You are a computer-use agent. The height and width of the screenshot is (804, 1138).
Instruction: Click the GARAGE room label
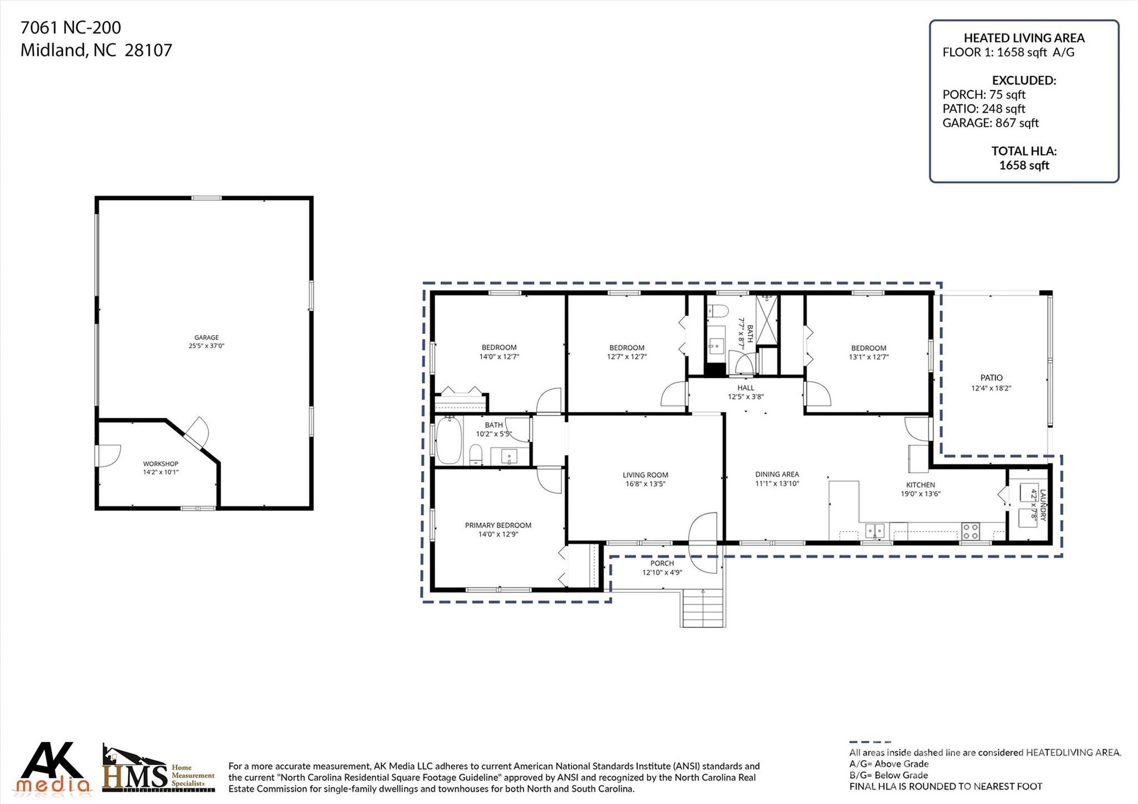coord(206,337)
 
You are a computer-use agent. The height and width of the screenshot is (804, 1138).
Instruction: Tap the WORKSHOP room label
coord(161,463)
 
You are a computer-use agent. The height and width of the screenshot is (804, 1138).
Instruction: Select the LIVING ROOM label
coord(645,475)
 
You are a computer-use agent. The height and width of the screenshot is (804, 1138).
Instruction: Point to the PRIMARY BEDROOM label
coord(498,525)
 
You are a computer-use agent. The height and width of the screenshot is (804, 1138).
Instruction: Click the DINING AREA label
coord(777,474)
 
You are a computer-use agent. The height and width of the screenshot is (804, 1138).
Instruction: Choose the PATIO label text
coord(991,378)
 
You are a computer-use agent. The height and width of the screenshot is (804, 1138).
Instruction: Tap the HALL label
coord(746,388)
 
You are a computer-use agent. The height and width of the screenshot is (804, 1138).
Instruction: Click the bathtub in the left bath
coord(449,441)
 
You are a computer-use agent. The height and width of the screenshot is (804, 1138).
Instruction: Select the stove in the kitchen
coord(971,531)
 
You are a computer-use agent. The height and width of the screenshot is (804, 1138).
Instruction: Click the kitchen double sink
coord(875,531)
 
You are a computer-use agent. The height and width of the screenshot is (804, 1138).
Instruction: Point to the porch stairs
coord(703,608)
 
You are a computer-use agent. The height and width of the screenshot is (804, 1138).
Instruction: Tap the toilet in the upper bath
coord(717,311)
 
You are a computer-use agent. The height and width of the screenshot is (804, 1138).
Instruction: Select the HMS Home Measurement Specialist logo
coord(159,769)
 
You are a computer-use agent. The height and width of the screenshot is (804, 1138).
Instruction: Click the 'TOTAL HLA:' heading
coord(1024,151)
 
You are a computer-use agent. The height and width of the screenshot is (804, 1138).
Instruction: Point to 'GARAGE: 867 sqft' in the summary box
coord(990,123)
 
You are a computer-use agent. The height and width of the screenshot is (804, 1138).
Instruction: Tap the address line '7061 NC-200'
coord(71,27)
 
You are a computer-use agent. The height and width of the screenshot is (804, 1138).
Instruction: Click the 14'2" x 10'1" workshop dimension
coord(161,472)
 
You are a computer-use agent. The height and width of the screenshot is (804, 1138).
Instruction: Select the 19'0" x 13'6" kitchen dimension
coord(921,493)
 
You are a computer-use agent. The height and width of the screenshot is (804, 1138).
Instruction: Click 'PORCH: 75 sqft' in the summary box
coord(984,94)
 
